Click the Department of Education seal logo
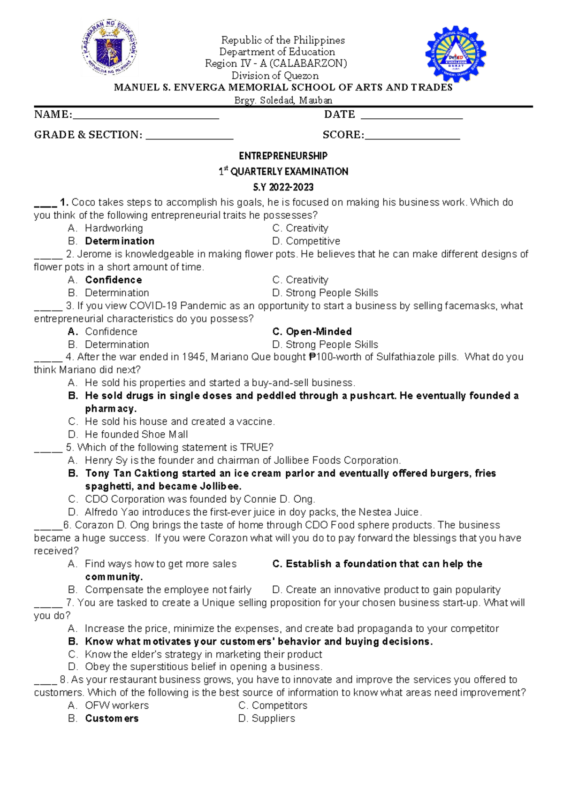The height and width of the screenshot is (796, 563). [x=110, y=49]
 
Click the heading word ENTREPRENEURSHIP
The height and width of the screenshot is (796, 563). [x=283, y=156]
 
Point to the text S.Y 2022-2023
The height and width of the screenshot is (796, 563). [x=283, y=187]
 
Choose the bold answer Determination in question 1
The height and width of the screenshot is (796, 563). [x=119, y=241]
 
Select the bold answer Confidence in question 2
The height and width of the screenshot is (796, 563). [x=113, y=280]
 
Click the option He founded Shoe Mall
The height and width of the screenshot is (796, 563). [x=136, y=435]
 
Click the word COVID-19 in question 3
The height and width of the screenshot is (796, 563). [x=153, y=306]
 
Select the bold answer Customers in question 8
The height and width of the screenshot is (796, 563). [x=112, y=719]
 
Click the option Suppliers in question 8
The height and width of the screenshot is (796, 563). [x=273, y=719]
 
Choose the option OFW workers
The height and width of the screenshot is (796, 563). [x=116, y=705]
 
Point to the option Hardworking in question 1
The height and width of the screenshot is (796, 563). [x=114, y=229]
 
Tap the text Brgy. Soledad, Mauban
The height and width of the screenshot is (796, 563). [x=283, y=100]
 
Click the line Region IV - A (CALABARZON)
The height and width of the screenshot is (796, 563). [x=276, y=63]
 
